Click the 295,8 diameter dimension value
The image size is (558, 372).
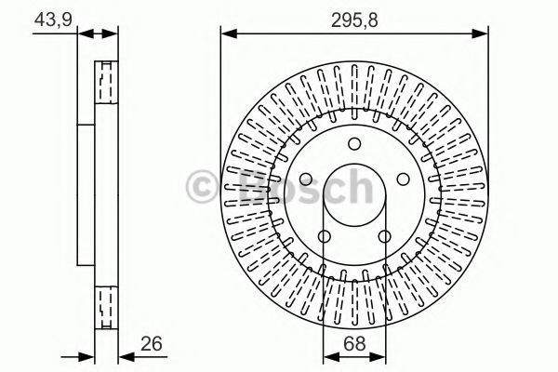coord(353,17)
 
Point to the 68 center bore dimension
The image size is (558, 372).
coord(353,344)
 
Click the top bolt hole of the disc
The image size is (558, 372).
coord(354,143)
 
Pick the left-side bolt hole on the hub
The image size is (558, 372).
coord(306,179)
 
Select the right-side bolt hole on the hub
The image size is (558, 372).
coord(403,179)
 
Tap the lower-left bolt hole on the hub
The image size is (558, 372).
coord(325,236)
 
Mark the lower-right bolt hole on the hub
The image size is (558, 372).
coord(384,236)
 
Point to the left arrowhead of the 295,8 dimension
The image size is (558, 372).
coord(226,34)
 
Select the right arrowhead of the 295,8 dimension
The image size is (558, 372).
coord(485,34)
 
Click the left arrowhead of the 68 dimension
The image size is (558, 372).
coord(327,355)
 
